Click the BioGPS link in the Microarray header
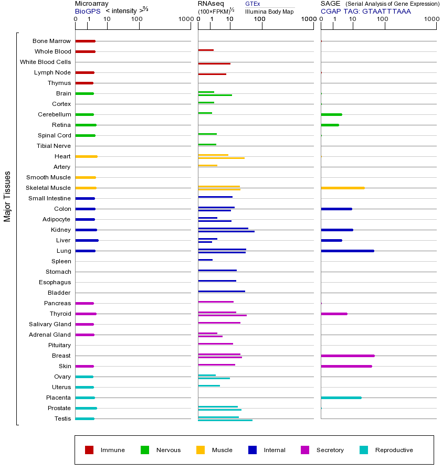click(x=87, y=11)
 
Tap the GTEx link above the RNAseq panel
click(x=252, y=4)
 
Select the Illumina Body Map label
click(x=269, y=12)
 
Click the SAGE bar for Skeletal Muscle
click(x=342, y=188)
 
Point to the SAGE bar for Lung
click(x=347, y=251)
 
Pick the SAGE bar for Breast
click(x=348, y=356)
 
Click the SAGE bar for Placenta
click(x=341, y=398)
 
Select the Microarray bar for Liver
click(x=87, y=240)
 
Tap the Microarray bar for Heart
click(x=86, y=156)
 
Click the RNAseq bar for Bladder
click(x=221, y=291)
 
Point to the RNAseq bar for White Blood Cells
click(x=214, y=63)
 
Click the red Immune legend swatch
click(x=89, y=450)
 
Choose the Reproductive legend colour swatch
click(x=364, y=450)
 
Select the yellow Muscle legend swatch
click(x=201, y=450)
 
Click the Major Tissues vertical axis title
click(x=7, y=196)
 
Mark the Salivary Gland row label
click(x=50, y=324)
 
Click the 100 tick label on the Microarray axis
click(x=137, y=19)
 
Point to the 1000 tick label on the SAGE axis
click(x=430, y=19)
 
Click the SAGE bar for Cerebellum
click(x=331, y=114)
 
